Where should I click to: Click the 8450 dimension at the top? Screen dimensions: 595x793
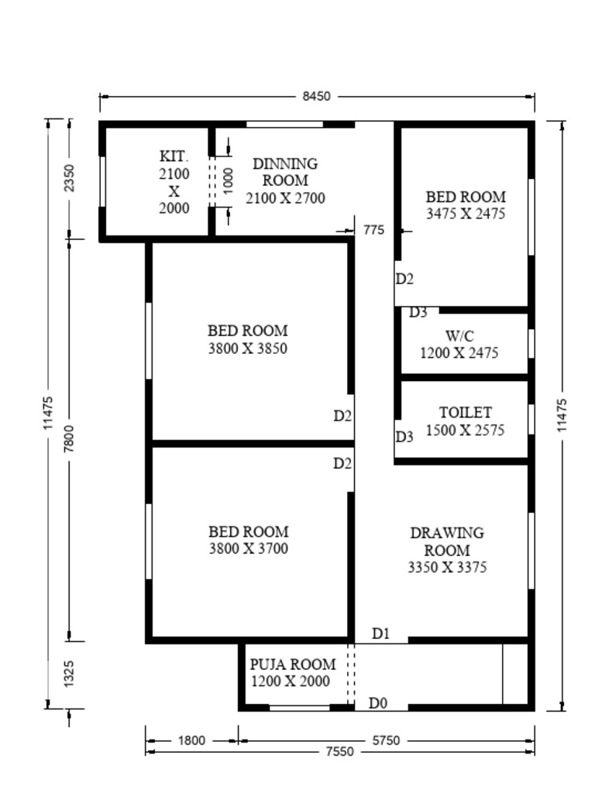(316, 96)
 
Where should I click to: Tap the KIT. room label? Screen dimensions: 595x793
(174, 156)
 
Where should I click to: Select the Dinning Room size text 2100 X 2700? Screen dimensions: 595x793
(285, 197)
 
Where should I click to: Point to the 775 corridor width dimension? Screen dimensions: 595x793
(374, 230)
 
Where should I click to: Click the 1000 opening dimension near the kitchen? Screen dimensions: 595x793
(229, 181)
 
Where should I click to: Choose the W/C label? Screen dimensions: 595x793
(459, 335)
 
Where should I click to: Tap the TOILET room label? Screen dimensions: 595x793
(466, 412)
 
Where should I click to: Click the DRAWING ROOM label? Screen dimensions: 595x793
(447, 541)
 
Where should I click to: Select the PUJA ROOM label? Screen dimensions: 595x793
(293, 664)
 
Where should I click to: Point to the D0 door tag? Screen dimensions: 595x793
(378, 703)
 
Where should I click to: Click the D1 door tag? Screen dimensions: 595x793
(380, 633)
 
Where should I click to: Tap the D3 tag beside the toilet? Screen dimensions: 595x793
(404, 437)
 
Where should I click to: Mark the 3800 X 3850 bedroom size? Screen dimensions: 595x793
(248, 348)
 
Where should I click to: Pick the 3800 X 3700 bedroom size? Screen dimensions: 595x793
(249, 548)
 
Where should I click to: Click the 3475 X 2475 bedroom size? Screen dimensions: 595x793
(466, 214)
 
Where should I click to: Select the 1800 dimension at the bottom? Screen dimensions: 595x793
(192, 741)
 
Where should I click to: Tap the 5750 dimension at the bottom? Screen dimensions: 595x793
(386, 741)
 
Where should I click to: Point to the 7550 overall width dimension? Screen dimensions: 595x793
(339, 752)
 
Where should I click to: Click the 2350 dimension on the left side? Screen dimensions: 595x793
(69, 178)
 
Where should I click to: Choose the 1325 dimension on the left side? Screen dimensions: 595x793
(69, 674)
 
